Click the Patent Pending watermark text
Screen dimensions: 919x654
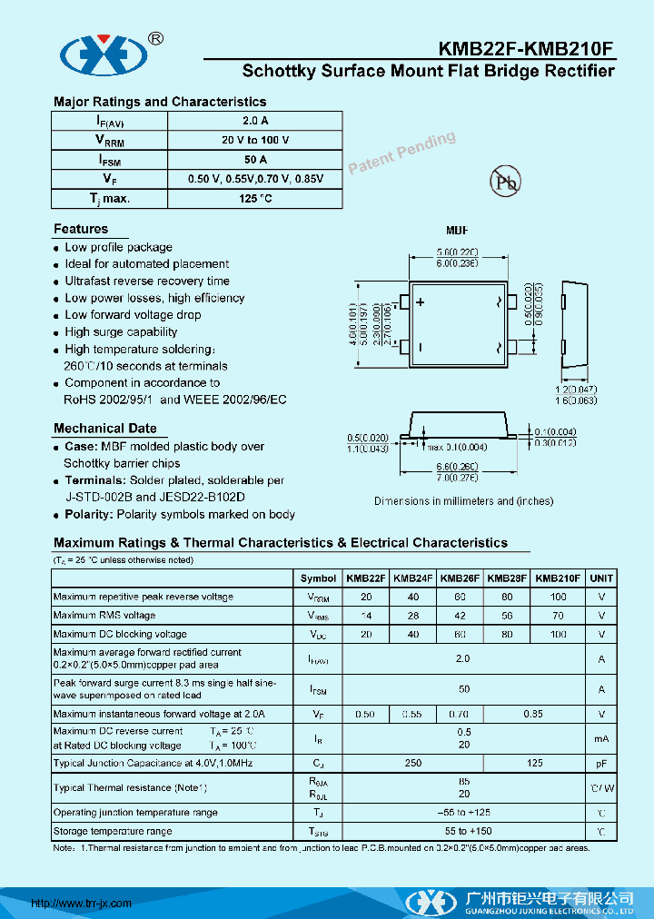click(x=401, y=152)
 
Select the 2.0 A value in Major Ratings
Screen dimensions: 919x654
click(x=255, y=121)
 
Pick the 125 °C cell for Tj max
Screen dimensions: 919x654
click(x=255, y=198)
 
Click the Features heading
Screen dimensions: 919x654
click(x=81, y=229)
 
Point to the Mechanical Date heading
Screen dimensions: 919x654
click(x=104, y=429)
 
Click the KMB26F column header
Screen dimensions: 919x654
click(x=460, y=578)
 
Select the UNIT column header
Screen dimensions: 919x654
click(x=601, y=578)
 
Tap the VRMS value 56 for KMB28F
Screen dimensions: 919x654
click(x=506, y=616)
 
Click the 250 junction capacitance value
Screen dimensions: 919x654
click(x=413, y=764)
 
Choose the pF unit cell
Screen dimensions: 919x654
click(x=601, y=764)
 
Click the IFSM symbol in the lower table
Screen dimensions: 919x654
click(x=318, y=690)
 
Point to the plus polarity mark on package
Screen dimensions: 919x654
click(x=421, y=302)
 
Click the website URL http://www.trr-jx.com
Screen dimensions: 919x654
click(x=82, y=904)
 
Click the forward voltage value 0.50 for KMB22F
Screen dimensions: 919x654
click(x=365, y=715)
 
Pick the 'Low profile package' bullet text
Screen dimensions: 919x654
click(x=118, y=247)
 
